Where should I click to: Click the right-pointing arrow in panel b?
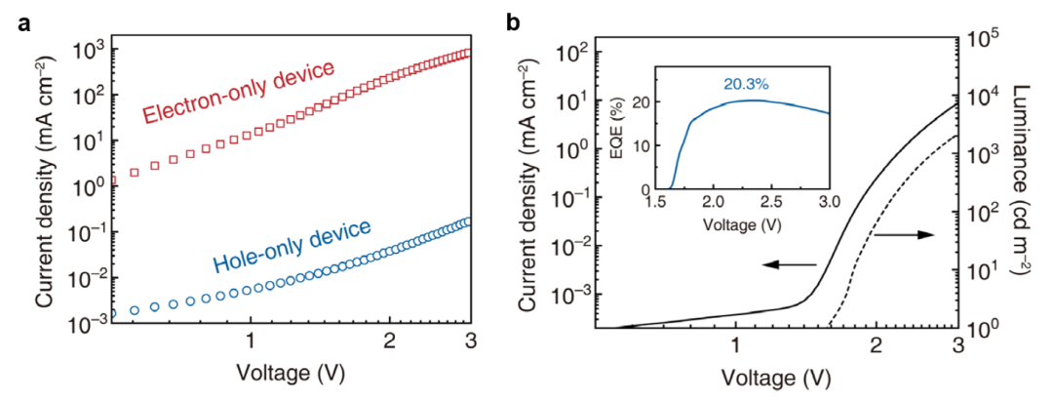click(x=906, y=236)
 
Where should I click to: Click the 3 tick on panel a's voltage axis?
click(x=471, y=342)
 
